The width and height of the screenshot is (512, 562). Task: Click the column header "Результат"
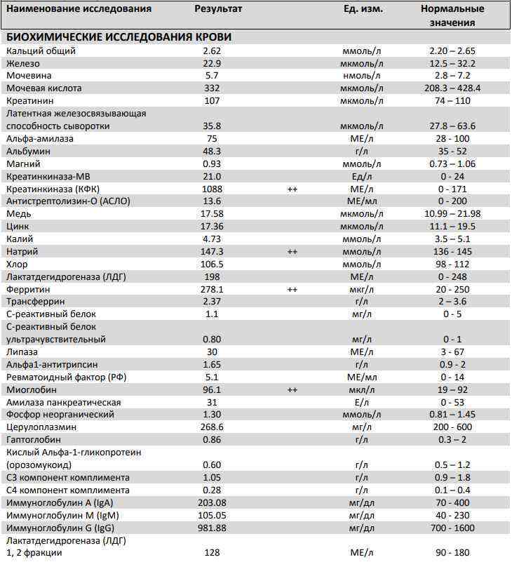pyautogui.click(x=218, y=9)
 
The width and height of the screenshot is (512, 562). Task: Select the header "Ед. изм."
pyautogui.click(x=361, y=9)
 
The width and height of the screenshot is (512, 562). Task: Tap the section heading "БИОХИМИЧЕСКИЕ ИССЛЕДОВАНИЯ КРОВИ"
pyautogui.click(x=119, y=37)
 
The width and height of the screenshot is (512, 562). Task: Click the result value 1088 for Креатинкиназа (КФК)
pyautogui.click(x=212, y=189)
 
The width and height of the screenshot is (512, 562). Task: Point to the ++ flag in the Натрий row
pyautogui.click(x=292, y=251)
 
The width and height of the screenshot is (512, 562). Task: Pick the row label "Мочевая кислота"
pyautogui.click(x=43, y=88)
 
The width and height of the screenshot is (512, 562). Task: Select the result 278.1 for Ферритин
pyautogui.click(x=212, y=289)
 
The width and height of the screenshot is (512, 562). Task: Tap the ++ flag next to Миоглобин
pyautogui.click(x=292, y=389)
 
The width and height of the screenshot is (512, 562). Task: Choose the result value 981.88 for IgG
pyautogui.click(x=212, y=528)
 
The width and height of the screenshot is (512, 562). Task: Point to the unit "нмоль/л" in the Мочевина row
pyautogui.click(x=362, y=76)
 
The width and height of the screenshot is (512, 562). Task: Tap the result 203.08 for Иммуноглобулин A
pyautogui.click(x=212, y=502)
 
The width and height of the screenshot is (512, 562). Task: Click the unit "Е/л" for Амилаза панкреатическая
pyautogui.click(x=362, y=402)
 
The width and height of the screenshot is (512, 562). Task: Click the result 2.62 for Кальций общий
pyautogui.click(x=212, y=51)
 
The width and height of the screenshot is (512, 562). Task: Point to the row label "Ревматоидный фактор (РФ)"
pyautogui.click(x=66, y=377)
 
